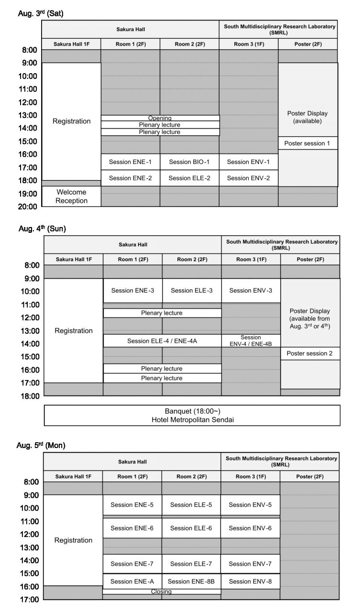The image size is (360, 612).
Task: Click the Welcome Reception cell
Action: pos(72,197)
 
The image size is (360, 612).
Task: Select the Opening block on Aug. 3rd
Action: pos(160,118)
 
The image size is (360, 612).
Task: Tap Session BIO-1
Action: pos(189,162)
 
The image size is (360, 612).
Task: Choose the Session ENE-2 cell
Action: pos(130,178)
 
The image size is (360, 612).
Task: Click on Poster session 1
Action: pos(307,143)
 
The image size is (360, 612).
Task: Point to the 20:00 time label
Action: pos(27,207)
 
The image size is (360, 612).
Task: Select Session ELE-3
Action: pos(192,290)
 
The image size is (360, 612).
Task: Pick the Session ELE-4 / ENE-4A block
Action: pos(162,341)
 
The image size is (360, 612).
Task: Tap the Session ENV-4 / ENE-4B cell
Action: pos(251,340)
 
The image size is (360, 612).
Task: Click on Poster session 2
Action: pos(310,353)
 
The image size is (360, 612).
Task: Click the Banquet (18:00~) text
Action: pos(192,411)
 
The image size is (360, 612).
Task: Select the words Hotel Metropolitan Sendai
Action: pos(192,420)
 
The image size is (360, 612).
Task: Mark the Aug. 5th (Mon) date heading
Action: pos(41,445)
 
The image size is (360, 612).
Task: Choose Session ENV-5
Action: pos(250,504)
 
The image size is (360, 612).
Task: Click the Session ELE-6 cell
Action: pos(191,528)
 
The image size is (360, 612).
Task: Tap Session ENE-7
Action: pos(132,564)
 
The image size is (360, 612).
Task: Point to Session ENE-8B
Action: pos(191,581)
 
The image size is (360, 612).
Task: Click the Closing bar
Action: pos(162,591)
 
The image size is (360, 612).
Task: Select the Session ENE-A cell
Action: pos(132,581)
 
